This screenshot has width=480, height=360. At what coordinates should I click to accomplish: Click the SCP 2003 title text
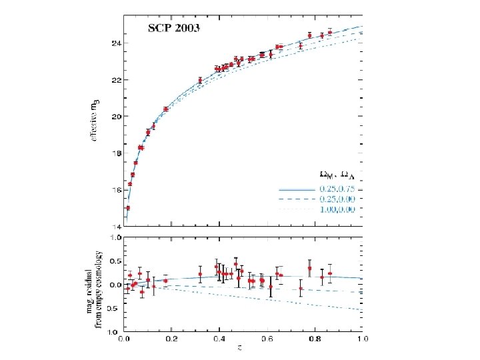point(175,29)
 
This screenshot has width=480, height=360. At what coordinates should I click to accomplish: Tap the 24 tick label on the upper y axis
point(116,43)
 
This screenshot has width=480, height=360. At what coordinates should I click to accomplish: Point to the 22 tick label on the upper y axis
point(116,80)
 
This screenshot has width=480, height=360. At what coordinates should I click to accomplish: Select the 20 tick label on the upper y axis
point(116,117)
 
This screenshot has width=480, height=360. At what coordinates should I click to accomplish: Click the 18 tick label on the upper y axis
point(116,153)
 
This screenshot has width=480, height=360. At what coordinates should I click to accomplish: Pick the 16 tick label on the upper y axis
point(116,190)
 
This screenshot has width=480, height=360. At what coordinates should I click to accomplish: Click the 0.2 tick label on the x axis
point(171,338)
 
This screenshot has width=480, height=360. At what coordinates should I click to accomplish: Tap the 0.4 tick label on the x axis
point(219,338)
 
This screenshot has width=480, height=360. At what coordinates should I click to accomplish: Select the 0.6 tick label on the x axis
point(267,338)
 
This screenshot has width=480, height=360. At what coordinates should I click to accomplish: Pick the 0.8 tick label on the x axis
point(315,338)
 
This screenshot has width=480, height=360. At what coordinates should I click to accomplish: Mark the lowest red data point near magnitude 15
point(127,208)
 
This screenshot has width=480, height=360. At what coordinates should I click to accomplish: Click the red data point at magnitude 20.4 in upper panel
point(165,109)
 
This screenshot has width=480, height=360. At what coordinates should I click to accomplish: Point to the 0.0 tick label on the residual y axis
point(115,285)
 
